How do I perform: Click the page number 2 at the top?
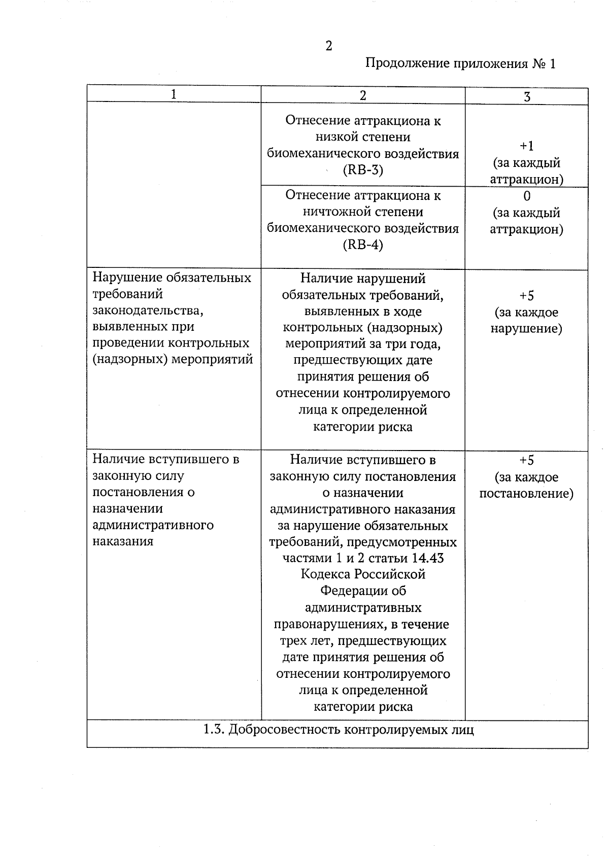point(328,46)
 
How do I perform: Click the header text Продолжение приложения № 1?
point(460,64)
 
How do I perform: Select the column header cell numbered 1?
point(174,94)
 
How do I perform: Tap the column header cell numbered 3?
point(527,96)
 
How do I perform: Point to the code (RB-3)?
point(363,170)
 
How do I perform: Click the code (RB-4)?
point(363,245)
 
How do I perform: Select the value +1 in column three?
point(527,146)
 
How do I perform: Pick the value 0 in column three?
point(527,196)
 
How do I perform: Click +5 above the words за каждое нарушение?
point(527,295)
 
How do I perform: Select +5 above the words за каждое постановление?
point(527,460)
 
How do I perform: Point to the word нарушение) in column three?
point(527,329)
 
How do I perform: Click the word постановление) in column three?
point(527,494)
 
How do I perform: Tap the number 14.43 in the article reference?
point(428,559)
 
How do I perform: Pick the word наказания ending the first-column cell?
point(123,541)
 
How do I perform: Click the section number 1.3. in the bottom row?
point(214,730)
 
